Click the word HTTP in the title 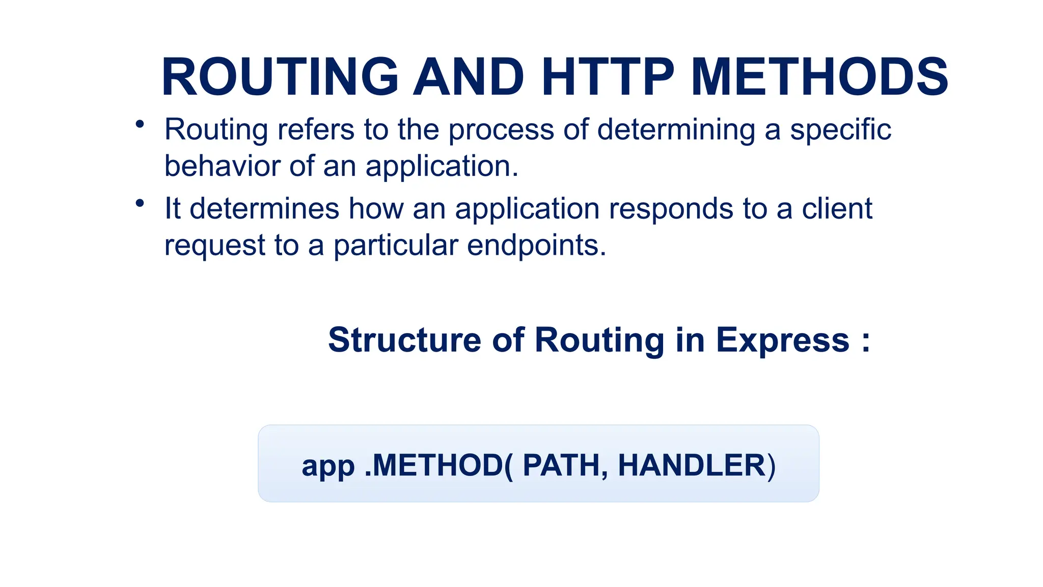608,77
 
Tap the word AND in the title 469,77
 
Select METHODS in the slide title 819,77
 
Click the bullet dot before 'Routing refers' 140,124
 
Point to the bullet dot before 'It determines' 140,203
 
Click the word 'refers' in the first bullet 316,129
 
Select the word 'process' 501,130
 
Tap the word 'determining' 676,130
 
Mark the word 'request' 214,246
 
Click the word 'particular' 396,246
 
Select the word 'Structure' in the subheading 404,340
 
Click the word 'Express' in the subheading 783,341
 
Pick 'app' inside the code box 328,466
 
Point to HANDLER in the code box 692,465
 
